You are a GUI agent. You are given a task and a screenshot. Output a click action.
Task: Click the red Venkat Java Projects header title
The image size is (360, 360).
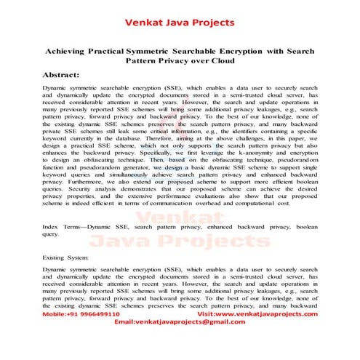point(180,22)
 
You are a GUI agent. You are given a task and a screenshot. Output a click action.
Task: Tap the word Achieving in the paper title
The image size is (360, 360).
point(70,52)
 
